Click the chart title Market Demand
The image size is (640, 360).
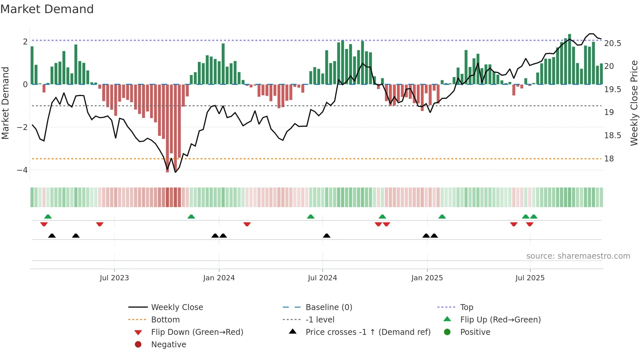click(47, 9)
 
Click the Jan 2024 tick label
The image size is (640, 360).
click(219, 278)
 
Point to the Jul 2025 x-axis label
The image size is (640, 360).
click(530, 278)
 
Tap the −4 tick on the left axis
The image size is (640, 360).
click(23, 170)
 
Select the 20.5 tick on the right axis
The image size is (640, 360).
click(613, 43)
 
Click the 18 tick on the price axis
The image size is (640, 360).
click(609, 159)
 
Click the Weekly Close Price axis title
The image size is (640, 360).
click(634, 103)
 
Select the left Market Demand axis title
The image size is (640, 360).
click(5, 103)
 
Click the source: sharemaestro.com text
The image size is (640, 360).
click(578, 256)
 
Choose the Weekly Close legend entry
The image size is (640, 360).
click(177, 307)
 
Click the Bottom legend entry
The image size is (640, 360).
click(165, 320)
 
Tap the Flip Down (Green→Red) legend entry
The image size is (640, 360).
click(197, 332)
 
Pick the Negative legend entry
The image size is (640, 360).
click(168, 345)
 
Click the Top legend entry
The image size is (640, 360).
click(466, 307)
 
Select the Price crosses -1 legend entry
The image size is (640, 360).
click(368, 332)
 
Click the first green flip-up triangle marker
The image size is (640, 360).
click(48, 217)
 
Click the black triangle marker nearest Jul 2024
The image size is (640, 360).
click(327, 236)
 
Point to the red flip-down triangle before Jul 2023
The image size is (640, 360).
click(100, 224)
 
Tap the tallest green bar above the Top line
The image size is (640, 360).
click(569, 59)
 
